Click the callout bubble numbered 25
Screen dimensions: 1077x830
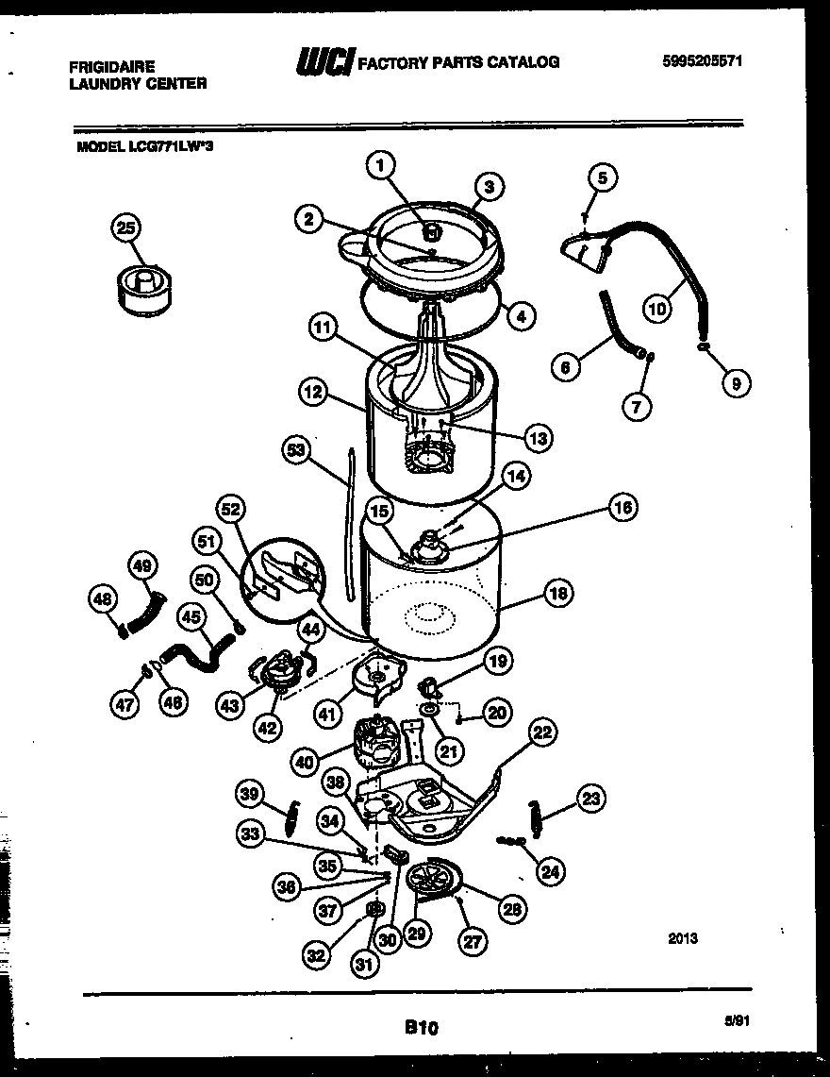(x=125, y=227)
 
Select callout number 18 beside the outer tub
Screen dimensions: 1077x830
(x=557, y=594)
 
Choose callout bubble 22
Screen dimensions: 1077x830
(x=542, y=732)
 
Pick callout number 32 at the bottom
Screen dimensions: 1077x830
(x=318, y=954)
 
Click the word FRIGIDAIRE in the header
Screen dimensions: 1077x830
(x=112, y=67)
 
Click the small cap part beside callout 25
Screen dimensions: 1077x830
(x=147, y=285)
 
